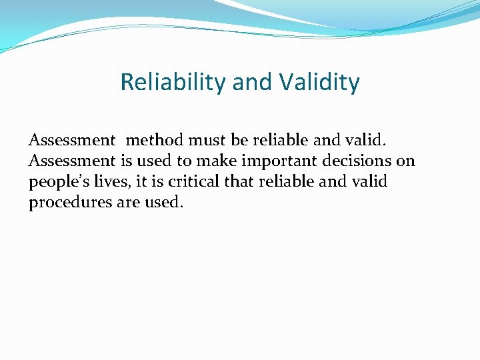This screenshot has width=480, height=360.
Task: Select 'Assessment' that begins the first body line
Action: click(71, 141)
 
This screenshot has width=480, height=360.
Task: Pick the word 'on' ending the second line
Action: click(405, 161)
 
